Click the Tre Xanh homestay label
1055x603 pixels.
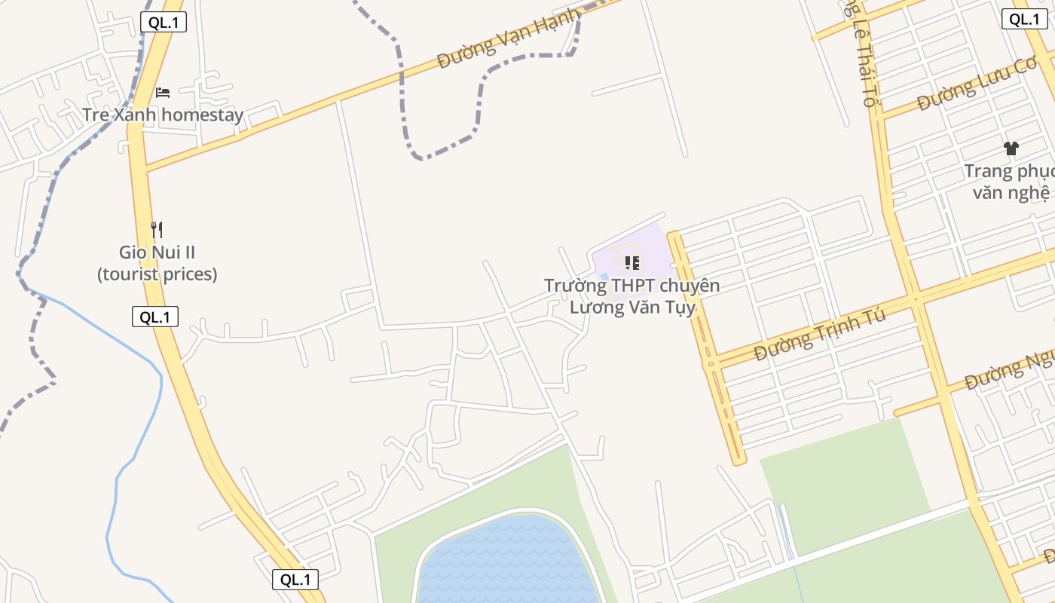click(163, 115)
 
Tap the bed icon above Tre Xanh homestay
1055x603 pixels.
click(163, 93)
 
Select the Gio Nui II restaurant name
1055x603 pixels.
click(157, 253)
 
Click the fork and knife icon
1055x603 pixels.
click(157, 229)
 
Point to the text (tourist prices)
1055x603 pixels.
click(157, 274)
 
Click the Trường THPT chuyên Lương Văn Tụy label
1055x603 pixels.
click(631, 296)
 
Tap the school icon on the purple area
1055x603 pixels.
click(632, 263)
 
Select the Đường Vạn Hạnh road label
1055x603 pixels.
click(509, 39)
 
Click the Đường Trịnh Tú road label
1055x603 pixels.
click(820, 334)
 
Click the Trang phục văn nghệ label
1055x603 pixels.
click(1010, 182)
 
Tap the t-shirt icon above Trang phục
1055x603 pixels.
click(1011, 148)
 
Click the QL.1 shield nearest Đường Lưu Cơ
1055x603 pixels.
click(1024, 20)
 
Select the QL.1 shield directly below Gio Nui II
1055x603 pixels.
click(155, 317)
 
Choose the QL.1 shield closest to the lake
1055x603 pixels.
click(295, 580)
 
